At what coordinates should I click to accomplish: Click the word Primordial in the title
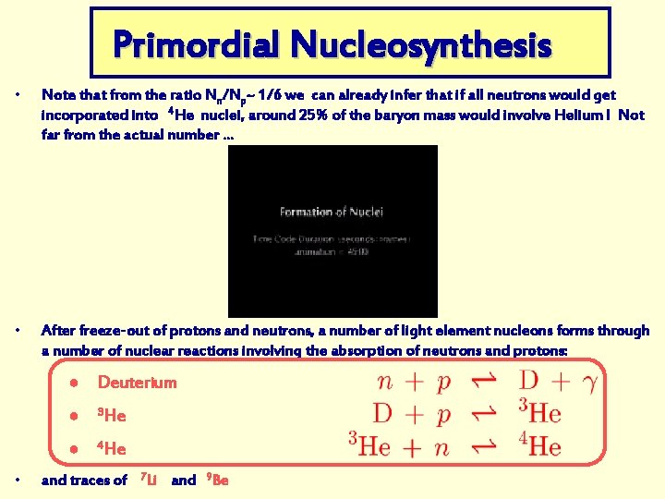point(195,43)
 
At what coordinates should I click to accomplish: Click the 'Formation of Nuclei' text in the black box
point(332,212)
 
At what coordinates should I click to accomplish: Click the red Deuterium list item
point(137,383)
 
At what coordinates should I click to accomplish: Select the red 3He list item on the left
point(111,416)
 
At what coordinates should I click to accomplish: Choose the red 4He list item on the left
point(111,449)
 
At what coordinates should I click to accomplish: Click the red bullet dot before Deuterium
point(81,383)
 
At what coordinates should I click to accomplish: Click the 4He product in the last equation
point(539,445)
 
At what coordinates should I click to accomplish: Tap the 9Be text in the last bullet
point(219,480)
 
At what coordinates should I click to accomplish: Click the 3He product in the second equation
point(539,412)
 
